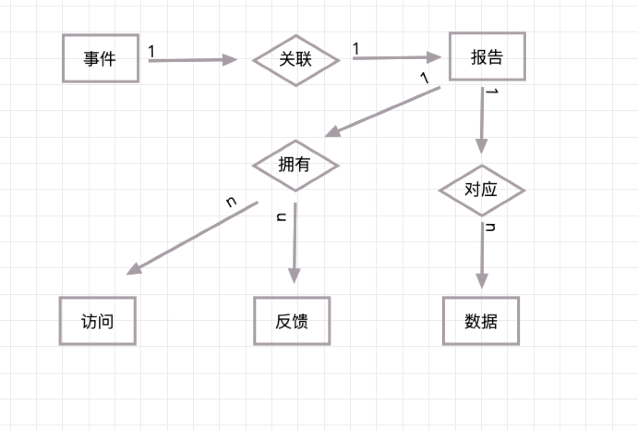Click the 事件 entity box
click(101, 58)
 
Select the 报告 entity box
click(487, 56)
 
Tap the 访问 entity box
click(97, 321)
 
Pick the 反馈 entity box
click(292, 321)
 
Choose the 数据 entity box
click(481, 321)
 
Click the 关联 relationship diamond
click(296, 60)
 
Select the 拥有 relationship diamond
click(295, 165)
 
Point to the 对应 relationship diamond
click(482, 190)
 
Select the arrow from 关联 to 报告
click(396, 58)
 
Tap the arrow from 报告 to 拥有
click(383, 111)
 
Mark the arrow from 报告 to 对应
click(482, 120)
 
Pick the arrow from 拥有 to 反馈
click(295, 243)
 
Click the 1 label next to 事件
click(151, 51)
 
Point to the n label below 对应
click(491, 227)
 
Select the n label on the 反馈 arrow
click(281, 216)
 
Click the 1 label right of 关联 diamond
click(355, 48)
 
